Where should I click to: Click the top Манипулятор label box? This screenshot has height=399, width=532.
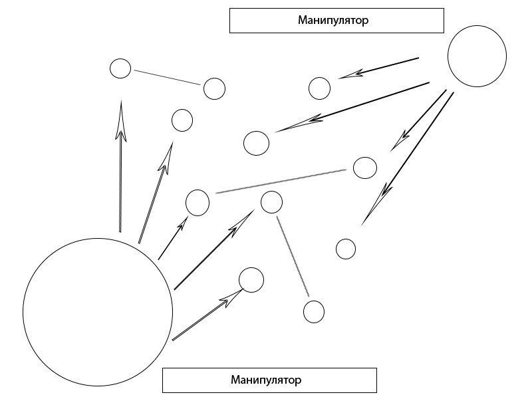tap(336, 21)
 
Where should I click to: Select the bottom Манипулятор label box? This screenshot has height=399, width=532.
tap(269, 381)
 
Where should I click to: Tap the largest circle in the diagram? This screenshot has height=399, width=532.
tap(98, 313)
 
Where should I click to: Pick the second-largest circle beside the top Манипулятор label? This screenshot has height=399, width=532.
tap(477, 57)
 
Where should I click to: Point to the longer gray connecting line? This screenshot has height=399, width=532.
tap(281, 182)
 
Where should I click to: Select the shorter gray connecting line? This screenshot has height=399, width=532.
tap(293, 255)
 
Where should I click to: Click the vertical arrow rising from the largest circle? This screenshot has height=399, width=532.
tap(120, 180)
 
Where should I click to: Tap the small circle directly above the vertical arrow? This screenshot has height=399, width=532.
tap(120, 68)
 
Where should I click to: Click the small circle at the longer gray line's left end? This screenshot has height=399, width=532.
tap(198, 202)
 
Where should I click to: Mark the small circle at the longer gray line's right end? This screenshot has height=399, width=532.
tap(364, 168)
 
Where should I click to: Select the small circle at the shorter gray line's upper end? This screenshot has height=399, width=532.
tap(271, 202)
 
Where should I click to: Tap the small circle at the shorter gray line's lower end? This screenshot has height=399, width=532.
tap(313, 311)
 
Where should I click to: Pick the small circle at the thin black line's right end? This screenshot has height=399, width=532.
tap(214, 88)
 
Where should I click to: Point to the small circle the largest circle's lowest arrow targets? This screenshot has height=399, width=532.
tap(251, 280)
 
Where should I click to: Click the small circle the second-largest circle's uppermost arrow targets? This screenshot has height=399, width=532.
tap(320, 88)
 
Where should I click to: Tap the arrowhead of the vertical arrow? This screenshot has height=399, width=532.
tap(120, 120)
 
